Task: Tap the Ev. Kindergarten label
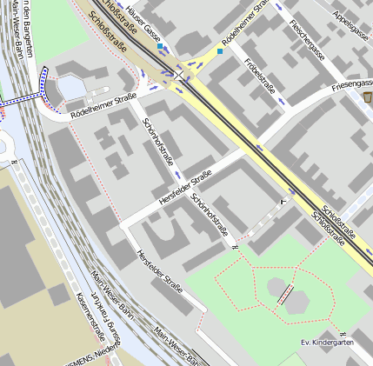327,343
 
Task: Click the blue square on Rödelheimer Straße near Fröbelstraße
221,51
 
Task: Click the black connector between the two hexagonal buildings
284,293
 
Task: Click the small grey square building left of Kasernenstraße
56,296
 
